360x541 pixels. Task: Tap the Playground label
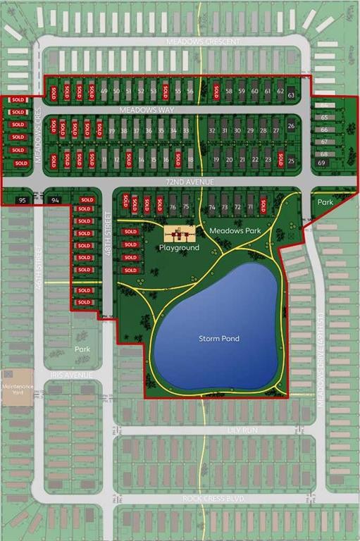coord(179,248)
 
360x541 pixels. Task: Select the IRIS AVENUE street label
coord(72,375)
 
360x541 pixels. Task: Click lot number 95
coord(23,201)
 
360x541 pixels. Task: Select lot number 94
coord(56,201)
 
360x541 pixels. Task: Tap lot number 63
coord(291,94)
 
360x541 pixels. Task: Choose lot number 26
coord(291,126)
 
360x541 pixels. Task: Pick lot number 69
coord(321,163)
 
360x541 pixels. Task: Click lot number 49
coord(104,92)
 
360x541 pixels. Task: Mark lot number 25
coord(291,161)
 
